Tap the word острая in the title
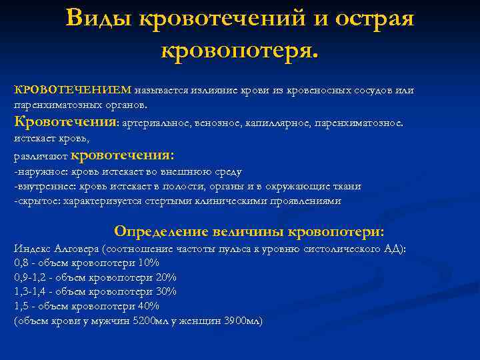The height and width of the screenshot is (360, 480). (x=371, y=19)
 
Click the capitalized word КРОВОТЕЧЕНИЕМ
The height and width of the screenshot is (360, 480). (x=73, y=90)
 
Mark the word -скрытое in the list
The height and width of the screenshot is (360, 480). (x=37, y=201)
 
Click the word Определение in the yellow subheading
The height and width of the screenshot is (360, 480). (x=161, y=231)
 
